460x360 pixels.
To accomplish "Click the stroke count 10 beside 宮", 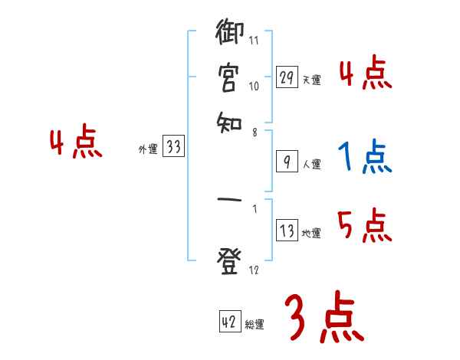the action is [254, 87].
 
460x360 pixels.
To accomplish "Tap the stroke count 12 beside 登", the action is [254, 270].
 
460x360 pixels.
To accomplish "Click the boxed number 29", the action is [287, 77].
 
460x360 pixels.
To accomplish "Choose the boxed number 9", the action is [287, 162].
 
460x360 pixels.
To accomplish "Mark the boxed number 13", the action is [287, 231].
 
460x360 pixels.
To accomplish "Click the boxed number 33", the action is [173, 148].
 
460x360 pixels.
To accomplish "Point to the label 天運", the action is [310, 80].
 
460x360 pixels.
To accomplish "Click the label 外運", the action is [147, 150].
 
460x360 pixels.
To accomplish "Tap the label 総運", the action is [255, 324].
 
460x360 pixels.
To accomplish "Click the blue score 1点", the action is [364, 157].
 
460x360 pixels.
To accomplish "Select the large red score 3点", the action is [324, 319].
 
